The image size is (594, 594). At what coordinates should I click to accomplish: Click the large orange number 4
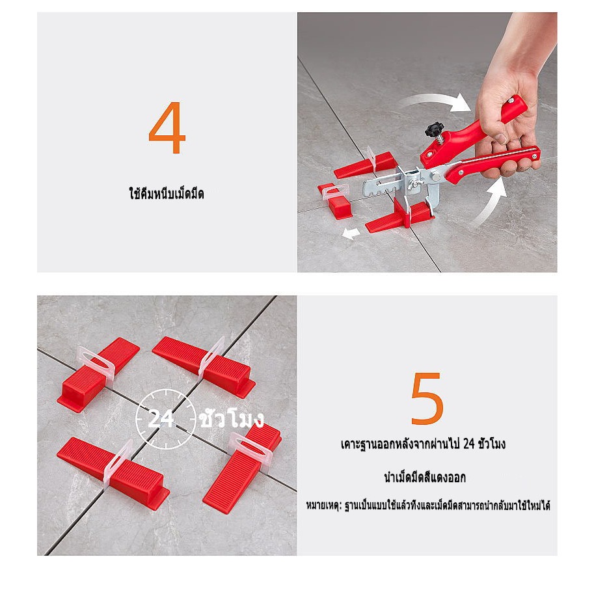tap(167, 128)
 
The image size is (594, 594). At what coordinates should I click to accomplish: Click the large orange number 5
tap(427, 398)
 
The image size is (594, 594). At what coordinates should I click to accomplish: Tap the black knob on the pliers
tap(434, 129)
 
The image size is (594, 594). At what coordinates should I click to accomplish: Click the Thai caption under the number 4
tap(167, 194)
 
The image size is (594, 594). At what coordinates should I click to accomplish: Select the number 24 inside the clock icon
tap(161, 419)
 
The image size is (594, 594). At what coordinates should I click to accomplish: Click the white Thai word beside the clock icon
tap(232, 418)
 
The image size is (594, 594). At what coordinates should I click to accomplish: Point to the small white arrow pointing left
tap(351, 233)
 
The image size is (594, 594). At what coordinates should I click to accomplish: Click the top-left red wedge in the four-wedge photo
tap(98, 374)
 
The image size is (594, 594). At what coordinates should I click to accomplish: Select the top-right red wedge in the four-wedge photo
tap(204, 366)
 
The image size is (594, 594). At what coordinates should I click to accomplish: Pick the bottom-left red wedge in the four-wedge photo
tap(113, 472)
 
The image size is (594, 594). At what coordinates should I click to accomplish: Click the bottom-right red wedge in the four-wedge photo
tap(242, 468)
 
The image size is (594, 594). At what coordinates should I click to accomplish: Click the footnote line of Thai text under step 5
tap(428, 506)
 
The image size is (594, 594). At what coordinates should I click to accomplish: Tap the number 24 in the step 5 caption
tap(468, 444)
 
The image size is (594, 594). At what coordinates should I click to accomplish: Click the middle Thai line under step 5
tap(425, 478)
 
